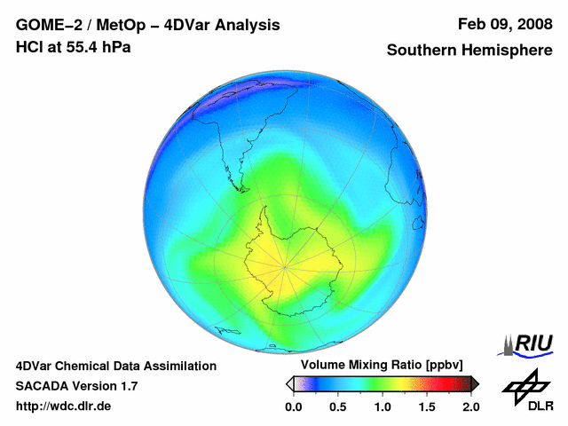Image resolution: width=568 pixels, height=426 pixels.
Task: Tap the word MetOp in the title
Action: pyautogui.click(x=121, y=25)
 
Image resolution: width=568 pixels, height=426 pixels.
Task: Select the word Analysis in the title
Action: pyautogui.click(x=247, y=26)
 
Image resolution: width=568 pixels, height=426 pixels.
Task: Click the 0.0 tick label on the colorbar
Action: pyautogui.click(x=294, y=406)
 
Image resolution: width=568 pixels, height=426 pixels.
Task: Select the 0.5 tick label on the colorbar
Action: pyautogui.click(x=337, y=406)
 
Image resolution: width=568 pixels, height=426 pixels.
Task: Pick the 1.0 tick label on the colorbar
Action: pyautogui.click(x=383, y=406)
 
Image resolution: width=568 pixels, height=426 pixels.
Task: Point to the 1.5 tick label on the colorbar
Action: pyautogui.click(x=427, y=406)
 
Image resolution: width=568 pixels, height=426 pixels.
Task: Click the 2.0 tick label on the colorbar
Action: pyautogui.click(x=471, y=406)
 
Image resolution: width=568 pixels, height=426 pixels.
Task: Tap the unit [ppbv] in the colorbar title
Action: pyautogui.click(x=445, y=365)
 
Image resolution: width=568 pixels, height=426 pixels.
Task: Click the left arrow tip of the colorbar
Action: pyautogui.click(x=286, y=384)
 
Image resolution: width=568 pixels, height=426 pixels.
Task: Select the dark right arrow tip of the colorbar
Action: pyautogui.click(x=478, y=384)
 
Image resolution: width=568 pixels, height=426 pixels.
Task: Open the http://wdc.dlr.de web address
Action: pyautogui.click(x=63, y=406)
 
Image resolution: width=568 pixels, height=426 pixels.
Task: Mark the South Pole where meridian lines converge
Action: pyautogui.click(x=285, y=267)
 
